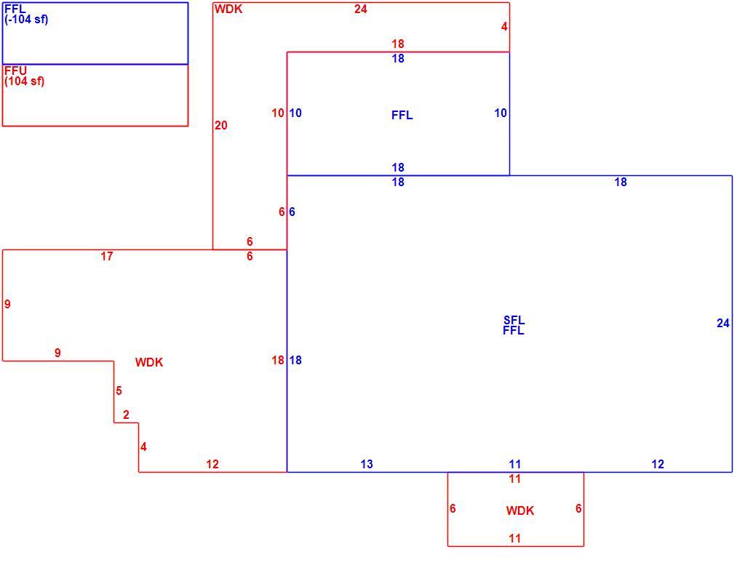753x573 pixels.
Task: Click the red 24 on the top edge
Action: (x=360, y=9)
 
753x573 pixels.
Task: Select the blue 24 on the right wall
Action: (x=722, y=324)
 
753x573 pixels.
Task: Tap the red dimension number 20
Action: (x=221, y=125)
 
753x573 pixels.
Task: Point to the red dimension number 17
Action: (x=107, y=256)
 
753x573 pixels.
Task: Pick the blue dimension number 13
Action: (x=367, y=464)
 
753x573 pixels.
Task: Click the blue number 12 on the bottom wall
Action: (x=658, y=464)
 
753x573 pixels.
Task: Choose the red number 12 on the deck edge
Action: (x=212, y=464)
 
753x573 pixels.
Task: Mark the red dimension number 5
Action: (x=119, y=390)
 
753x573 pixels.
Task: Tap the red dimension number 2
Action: (x=126, y=414)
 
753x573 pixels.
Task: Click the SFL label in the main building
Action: (x=514, y=320)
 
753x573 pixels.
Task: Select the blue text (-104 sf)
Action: (x=26, y=20)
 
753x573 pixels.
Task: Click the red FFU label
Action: (x=15, y=71)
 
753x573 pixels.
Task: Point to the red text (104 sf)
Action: (x=25, y=81)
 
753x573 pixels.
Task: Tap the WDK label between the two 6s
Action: (x=520, y=510)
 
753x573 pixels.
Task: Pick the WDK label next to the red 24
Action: (x=228, y=9)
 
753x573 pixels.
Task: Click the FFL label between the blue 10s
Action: (x=402, y=115)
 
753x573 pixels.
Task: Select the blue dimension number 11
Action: (x=515, y=464)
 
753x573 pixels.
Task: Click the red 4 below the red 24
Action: (x=503, y=26)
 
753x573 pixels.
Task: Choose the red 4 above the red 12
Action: (x=143, y=446)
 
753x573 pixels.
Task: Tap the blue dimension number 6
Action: (x=292, y=212)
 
